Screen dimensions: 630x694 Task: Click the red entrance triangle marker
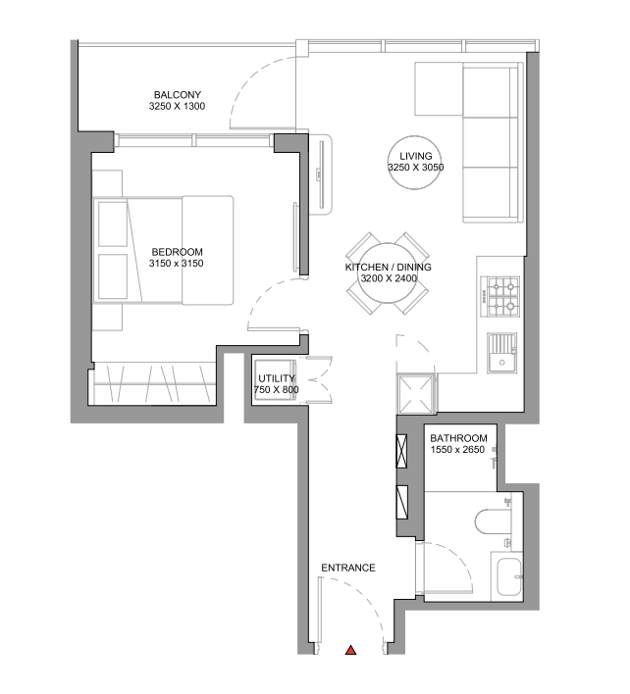pyautogui.click(x=351, y=650)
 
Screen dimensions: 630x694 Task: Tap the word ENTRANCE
pyautogui.click(x=348, y=568)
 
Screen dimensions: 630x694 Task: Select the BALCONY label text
pyautogui.click(x=178, y=95)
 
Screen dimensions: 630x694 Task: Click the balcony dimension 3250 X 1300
pyautogui.click(x=177, y=106)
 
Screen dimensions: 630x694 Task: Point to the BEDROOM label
pyautogui.click(x=178, y=252)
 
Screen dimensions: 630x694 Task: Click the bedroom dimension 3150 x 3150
pyautogui.click(x=177, y=264)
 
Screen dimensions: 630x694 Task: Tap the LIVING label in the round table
pyautogui.click(x=415, y=156)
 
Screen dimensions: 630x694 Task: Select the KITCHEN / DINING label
pyautogui.click(x=388, y=267)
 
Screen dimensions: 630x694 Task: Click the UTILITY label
pyautogui.click(x=277, y=378)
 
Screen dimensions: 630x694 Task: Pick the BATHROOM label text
pyautogui.click(x=458, y=438)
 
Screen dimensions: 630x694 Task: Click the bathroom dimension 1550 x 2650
pyautogui.click(x=457, y=450)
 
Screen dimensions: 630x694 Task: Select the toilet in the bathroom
pyautogui.click(x=493, y=520)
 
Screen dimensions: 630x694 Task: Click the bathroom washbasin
pyautogui.click(x=508, y=576)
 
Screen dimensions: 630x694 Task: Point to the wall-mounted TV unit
pyautogui.click(x=321, y=173)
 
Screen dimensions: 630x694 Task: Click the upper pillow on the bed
pyautogui.click(x=113, y=223)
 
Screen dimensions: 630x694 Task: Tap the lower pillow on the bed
pyautogui.click(x=113, y=276)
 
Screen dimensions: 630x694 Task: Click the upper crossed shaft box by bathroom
pyautogui.click(x=401, y=451)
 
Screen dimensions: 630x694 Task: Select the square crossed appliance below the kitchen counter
pyautogui.click(x=415, y=393)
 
